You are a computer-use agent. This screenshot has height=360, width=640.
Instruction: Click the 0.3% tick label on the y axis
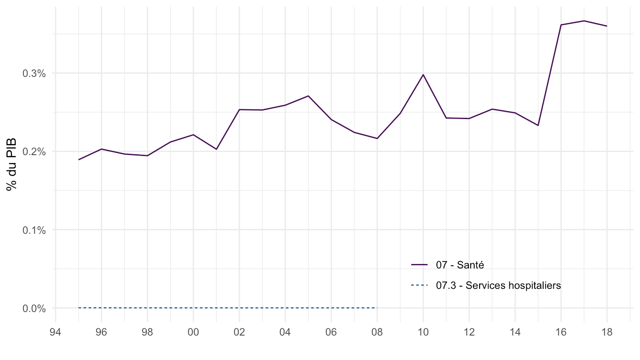tap(34, 73)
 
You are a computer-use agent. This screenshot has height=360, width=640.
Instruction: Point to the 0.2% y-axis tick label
tap(34, 152)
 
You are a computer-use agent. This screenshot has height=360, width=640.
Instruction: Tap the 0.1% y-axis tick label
tap(34, 230)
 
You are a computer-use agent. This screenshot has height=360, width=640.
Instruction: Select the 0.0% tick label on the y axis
tap(34, 308)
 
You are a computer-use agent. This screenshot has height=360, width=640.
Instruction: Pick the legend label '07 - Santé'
tap(460, 265)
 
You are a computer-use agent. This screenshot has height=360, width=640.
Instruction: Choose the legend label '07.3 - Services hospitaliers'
tap(498, 285)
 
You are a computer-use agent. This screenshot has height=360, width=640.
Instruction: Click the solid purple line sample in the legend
tap(420, 265)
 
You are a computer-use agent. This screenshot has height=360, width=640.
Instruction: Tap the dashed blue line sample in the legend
tap(420, 285)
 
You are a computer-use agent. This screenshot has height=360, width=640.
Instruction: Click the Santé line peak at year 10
tap(423, 75)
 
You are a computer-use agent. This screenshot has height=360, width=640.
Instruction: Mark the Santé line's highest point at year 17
tap(584, 21)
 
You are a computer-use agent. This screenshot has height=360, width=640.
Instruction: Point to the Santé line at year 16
tap(561, 25)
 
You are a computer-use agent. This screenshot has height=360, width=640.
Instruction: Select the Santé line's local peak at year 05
tap(308, 96)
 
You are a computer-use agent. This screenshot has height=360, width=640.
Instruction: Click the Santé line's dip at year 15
tap(538, 125)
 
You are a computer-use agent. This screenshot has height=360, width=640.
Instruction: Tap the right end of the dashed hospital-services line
tap(377, 308)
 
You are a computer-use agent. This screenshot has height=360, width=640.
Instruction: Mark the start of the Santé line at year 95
tap(79, 160)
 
